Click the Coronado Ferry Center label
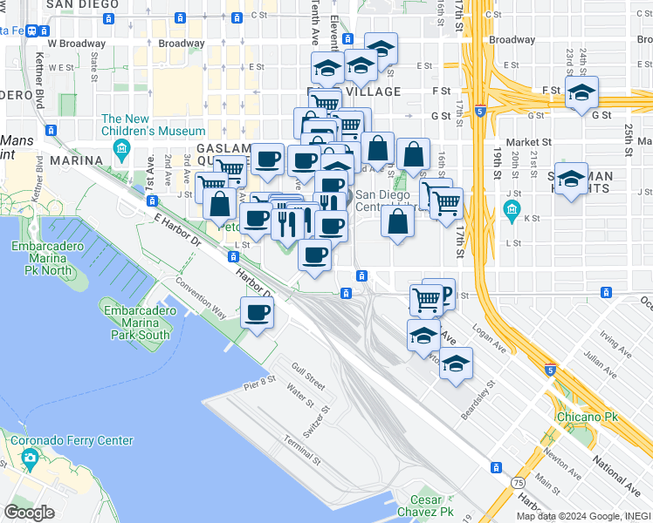72,441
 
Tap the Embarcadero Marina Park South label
134,323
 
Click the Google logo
29,513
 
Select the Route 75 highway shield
518,482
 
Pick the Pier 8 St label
259,380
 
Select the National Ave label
617,470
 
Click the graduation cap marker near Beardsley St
455,363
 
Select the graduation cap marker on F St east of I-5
581,93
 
